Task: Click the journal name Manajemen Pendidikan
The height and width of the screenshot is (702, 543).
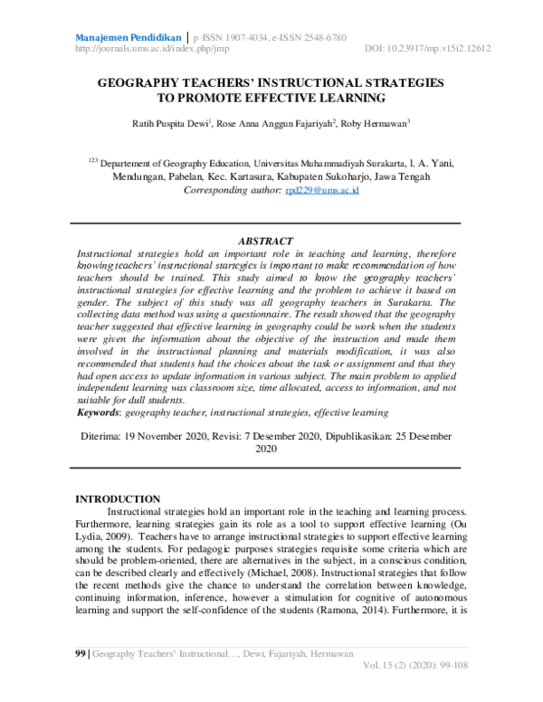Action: click(x=128, y=37)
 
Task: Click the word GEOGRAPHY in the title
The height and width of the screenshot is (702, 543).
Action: click(x=144, y=82)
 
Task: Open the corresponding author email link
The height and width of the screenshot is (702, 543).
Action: click(x=323, y=191)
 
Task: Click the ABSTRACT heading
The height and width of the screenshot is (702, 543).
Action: click(x=265, y=242)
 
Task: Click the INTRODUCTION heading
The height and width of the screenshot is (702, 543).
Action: click(x=118, y=499)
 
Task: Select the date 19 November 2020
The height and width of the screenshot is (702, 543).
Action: click(x=161, y=435)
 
